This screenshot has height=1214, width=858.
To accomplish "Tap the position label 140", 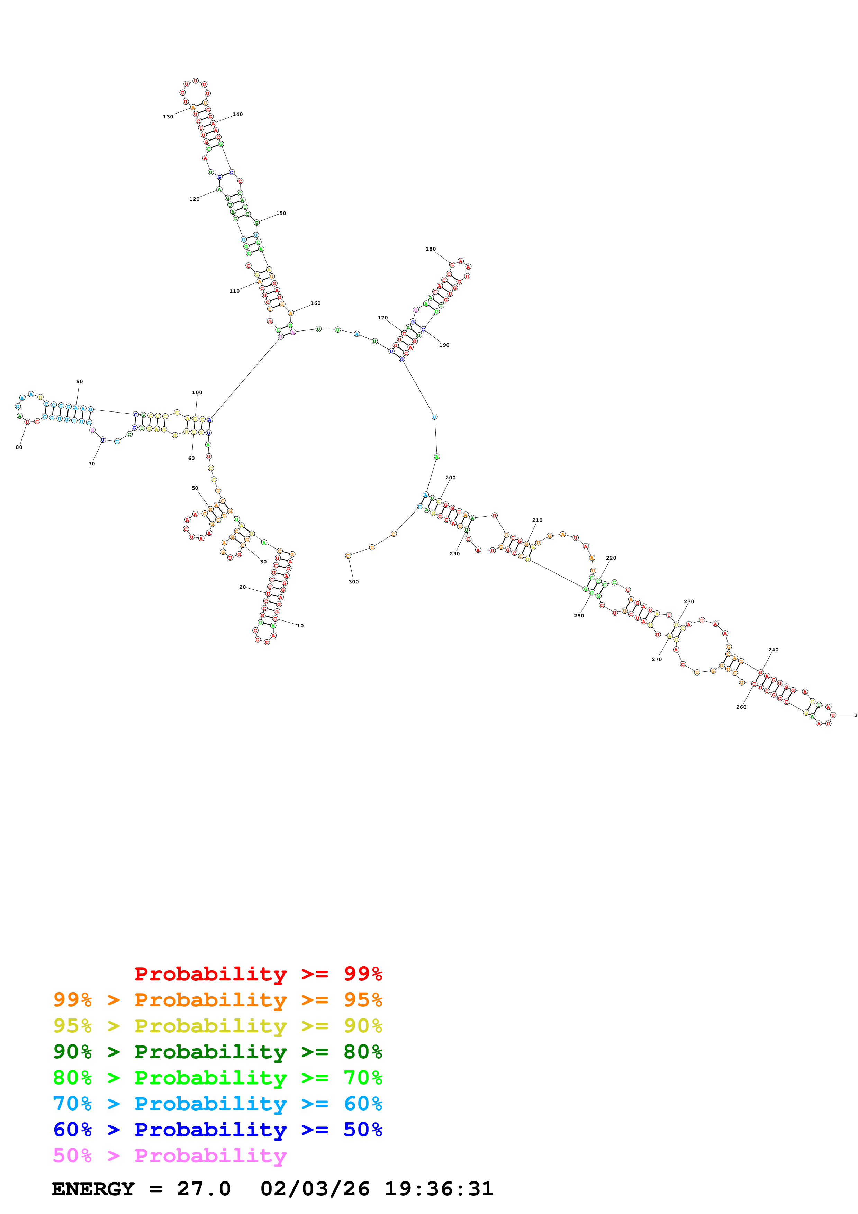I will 238,114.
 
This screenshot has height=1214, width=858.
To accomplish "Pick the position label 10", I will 300,625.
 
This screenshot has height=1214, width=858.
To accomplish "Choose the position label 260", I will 741,707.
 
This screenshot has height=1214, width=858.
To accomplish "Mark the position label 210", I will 537,520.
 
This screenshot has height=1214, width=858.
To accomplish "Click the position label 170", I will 383,318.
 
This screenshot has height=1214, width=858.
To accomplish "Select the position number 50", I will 195,488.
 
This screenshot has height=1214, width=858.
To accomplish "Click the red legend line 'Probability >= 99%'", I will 258,973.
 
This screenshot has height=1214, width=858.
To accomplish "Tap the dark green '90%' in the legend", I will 72,1052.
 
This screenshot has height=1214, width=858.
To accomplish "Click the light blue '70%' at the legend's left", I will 72,1104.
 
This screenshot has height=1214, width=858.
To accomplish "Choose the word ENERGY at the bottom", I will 93,1189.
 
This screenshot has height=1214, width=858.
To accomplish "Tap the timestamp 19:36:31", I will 439,1189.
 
